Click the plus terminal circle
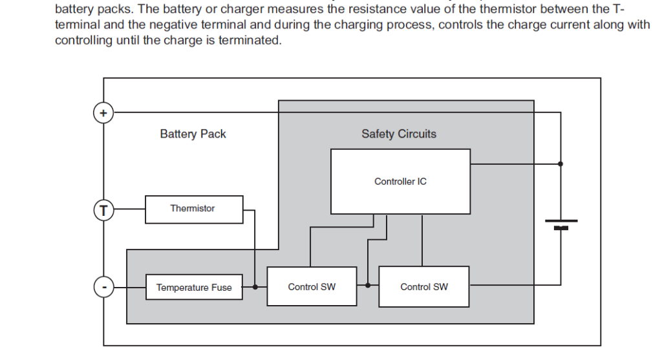[103, 112]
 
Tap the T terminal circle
[103, 209]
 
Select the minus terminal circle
[103, 286]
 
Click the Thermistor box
[194, 209]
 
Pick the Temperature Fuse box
[194, 288]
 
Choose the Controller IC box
[400, 182]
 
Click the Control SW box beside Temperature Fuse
[312, 286]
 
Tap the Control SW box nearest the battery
[424, 286]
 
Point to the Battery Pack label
[193, 134]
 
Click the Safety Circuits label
[399, 134]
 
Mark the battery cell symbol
[561, 224]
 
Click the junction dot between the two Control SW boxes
[368, 285]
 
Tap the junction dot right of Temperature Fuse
[255, 286]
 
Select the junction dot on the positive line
[561, 164]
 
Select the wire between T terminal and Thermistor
[129, 209]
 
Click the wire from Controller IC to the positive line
[515, 164]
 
